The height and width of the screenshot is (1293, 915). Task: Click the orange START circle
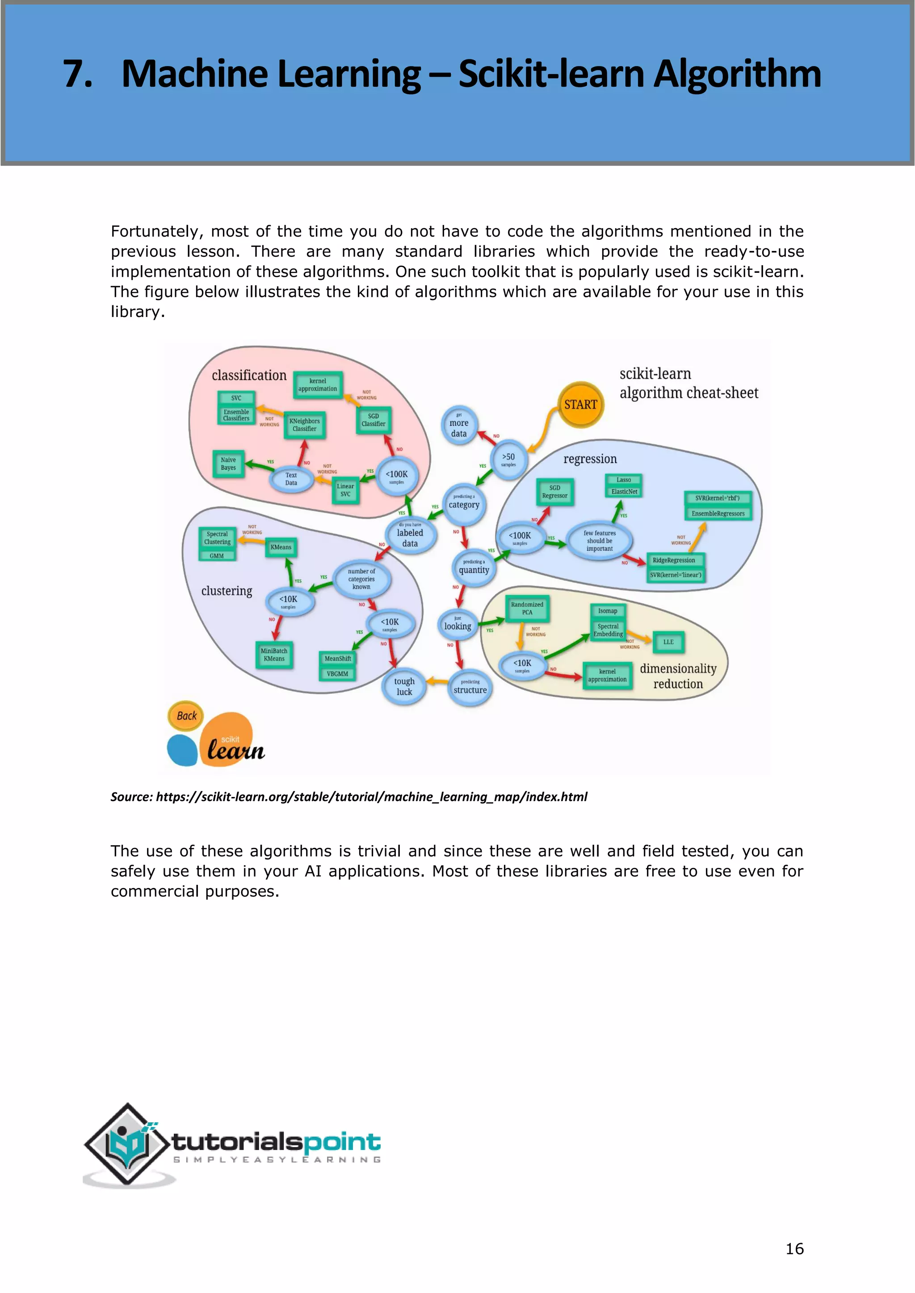click(580, 405)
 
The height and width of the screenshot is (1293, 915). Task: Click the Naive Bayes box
click(228, 464)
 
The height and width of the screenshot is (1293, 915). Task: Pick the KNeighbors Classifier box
click(304, 425)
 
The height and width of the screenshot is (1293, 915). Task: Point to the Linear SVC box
click(345, 490)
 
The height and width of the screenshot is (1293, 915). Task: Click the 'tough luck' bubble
click(404, 687)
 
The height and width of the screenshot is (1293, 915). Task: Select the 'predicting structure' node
click(470, 687)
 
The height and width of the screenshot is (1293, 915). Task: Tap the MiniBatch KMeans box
click(274, 655)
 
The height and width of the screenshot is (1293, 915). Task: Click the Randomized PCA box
click(527, 608)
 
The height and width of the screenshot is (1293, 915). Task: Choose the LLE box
click(668, 642)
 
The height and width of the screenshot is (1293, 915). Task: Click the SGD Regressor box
click(554, 492)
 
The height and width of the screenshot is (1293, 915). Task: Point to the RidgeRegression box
click(674, 560)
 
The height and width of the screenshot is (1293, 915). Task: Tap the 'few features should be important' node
click(600, 541)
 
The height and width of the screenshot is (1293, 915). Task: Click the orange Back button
click(186, 716)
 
